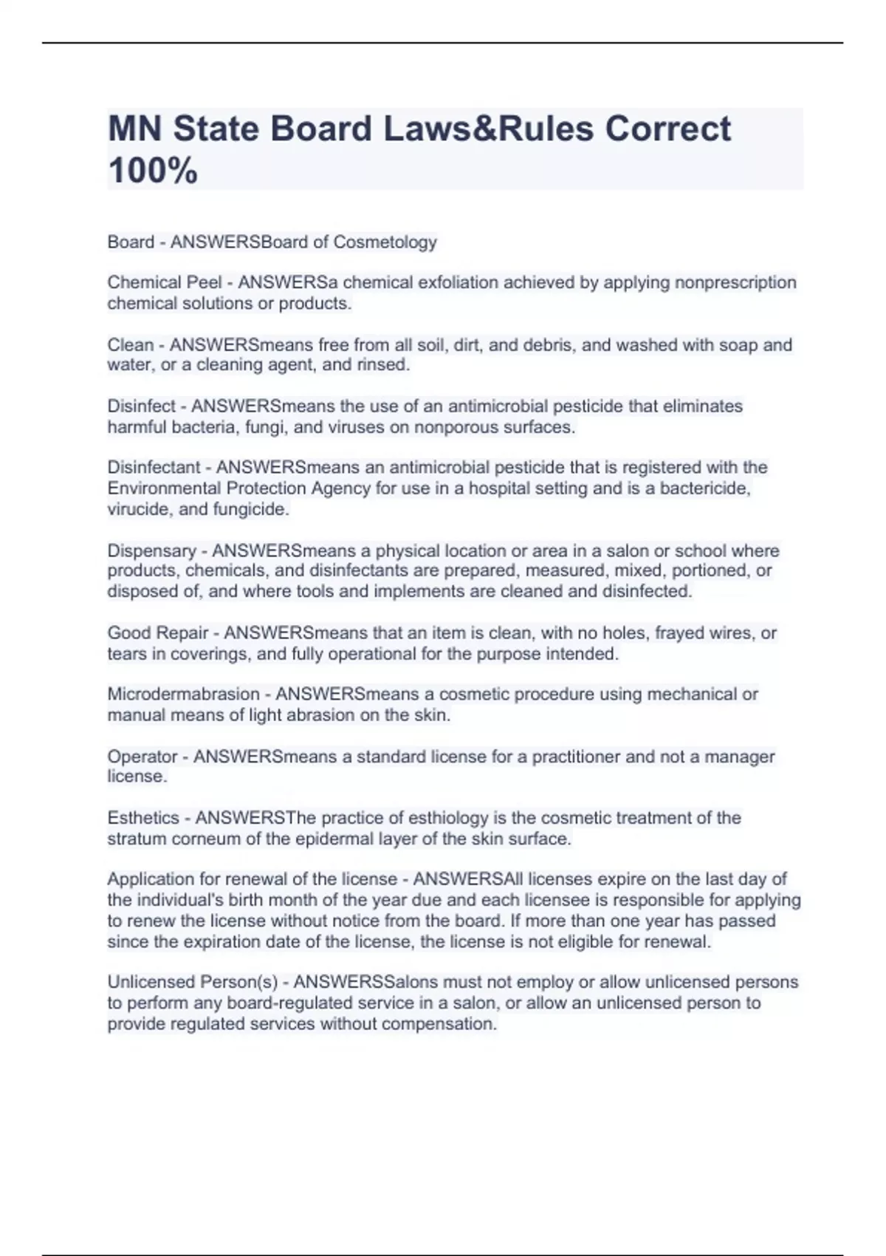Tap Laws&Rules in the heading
488,129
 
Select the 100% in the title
153,171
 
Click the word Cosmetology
385,242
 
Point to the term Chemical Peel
165,283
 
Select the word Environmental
165,488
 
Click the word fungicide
251,509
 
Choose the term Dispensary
152,551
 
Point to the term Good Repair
158,633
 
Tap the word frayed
677,633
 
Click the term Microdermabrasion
183,694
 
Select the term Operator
142,757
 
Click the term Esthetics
143,818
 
